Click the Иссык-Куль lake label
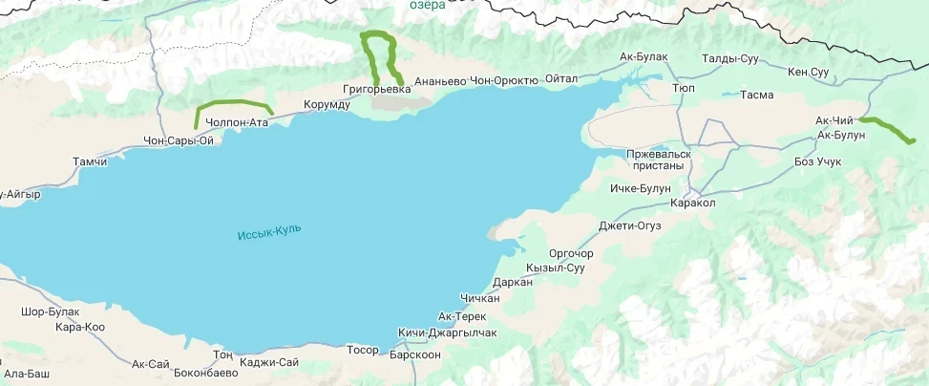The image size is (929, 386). coord(269,231)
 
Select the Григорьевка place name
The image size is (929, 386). coord(376,89)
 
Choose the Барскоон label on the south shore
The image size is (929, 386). coord(415,354)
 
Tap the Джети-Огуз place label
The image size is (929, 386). coord(629,225)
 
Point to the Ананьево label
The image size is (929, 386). coord(440,81)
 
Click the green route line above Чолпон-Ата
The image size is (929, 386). coord(232,102)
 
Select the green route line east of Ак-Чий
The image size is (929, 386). coord(888,129)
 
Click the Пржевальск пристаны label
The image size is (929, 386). coord(658,160)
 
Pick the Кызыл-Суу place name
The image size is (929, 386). coord(555,268)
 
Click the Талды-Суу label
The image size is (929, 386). coord(729,59)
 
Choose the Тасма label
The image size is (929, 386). coord(756,96)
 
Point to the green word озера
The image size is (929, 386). coord(427,5)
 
